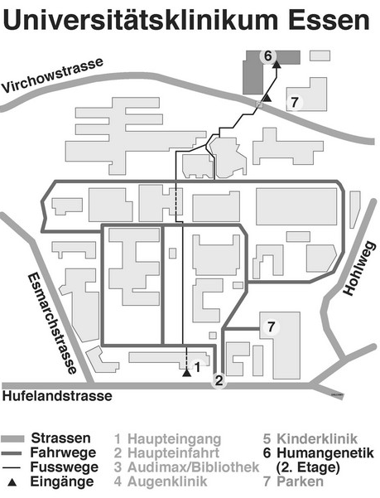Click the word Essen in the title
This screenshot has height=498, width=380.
click(x=329, y=19)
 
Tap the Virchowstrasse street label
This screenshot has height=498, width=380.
click(x=52, y=75)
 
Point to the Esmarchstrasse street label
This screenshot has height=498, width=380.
click(x=52, y=323)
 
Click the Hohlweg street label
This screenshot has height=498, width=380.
click(x=359, y=268)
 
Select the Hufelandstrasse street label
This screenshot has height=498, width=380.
click(x=57, y=396)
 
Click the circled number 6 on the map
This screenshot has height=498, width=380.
click(x=268, y=56)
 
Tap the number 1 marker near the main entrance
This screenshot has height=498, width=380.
click(x=197, y=367)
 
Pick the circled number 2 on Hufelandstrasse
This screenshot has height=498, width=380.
click(x=219, y=380)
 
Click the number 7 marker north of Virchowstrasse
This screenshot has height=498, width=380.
click(x=295, y=102)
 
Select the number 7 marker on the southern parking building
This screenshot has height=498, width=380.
click(x=271, y=326)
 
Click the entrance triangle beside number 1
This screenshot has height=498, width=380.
click(x=187, y=373)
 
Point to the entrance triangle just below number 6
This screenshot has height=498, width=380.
click(x=277, y=65)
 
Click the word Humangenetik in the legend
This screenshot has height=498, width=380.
click(x=325, y=453)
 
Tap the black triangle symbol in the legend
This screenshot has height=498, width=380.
click(x=12, y=482)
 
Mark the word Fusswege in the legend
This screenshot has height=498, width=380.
click(x=65, y=467)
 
